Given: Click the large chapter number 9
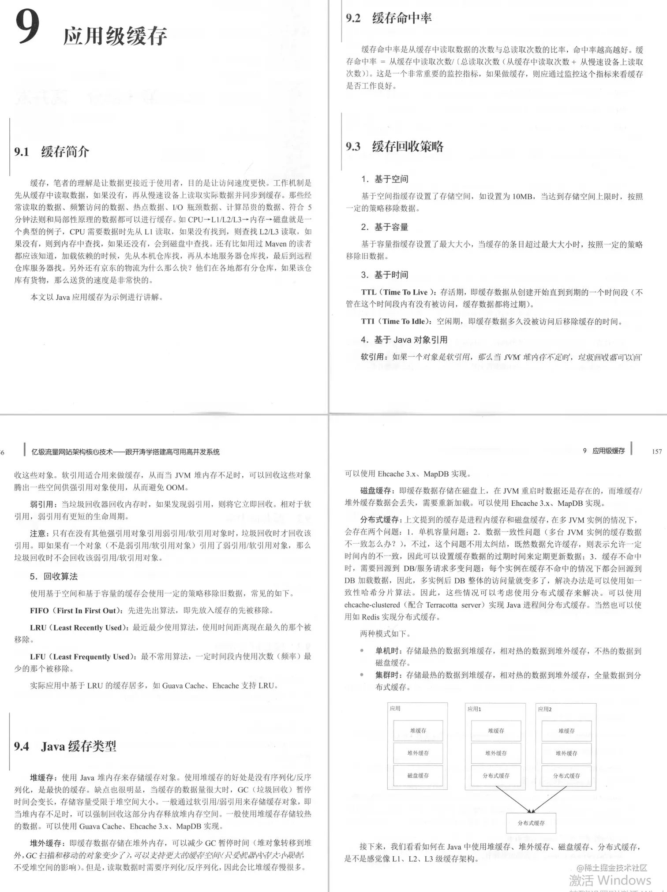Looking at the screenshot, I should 28,27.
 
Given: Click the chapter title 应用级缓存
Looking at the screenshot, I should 115,36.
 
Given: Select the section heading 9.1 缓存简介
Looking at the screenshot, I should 52,152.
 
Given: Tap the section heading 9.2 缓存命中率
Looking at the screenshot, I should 389,18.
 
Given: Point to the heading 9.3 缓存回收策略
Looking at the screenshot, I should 394,146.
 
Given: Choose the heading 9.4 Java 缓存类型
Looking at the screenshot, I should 65,746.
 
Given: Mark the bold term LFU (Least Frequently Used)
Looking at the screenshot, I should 83,657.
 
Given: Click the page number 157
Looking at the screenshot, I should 657,451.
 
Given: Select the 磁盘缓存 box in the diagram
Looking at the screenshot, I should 418,775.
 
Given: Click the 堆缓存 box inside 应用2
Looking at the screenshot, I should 566,731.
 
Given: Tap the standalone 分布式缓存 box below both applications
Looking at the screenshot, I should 531,823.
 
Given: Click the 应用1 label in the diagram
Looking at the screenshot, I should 474,709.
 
